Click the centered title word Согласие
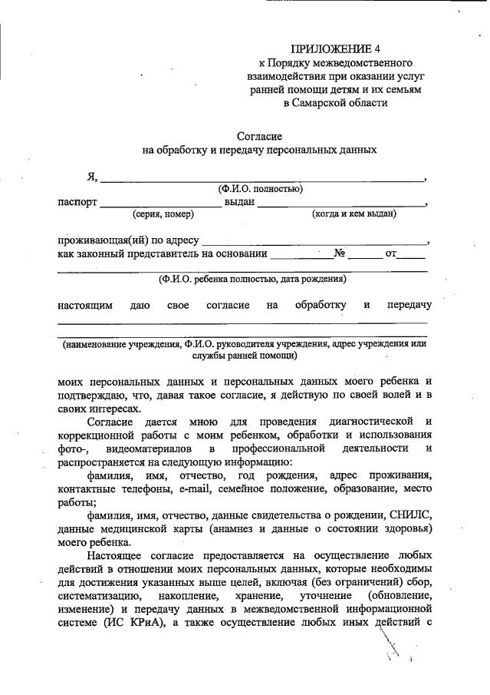point(259,136)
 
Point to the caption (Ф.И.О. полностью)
point(261,188)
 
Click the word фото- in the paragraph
point(71,448)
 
